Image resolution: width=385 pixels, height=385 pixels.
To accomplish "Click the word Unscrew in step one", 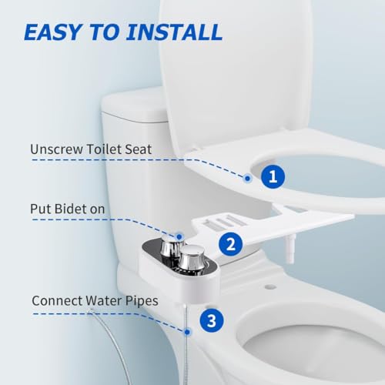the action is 56,149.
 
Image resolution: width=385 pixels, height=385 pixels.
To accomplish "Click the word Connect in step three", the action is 57,301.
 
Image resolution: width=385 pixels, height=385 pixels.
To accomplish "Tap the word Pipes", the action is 142,301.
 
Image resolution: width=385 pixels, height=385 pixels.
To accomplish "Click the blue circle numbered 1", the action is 273,176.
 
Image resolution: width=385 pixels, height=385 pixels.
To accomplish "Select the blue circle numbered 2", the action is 230,244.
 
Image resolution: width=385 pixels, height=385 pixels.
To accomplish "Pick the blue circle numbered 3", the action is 212,320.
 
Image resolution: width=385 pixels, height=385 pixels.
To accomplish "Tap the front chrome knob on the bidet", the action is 190,259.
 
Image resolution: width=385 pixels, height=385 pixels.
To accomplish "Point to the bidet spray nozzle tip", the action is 291,259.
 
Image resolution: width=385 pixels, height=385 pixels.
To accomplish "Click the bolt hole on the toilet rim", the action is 269,286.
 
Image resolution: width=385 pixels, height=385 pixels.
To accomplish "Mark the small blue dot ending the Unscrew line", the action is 247,179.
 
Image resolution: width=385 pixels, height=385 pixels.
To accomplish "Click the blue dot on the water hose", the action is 187,332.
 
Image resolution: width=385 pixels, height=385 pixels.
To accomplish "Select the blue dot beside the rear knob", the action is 179,236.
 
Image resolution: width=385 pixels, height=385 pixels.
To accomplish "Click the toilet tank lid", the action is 133,105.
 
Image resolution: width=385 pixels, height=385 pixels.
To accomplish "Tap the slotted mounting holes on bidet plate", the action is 224,221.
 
